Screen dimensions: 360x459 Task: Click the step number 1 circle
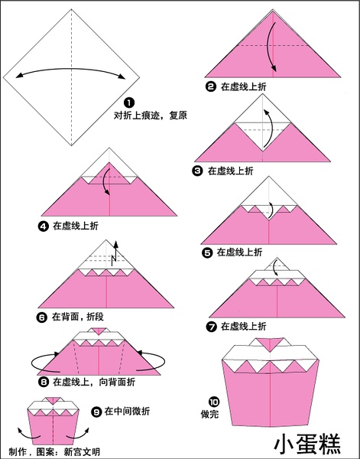pyautogui.click(x=129, y=103)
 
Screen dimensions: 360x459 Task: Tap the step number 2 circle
pyautogui.click(x=210, y=86)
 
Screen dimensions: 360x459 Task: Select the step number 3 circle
pyautogui.click(x=197, y=171)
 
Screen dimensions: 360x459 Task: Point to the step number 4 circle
pyautogui.click(x=44, y=226)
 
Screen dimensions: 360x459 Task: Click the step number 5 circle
pyautogui.click(x=207, y=252)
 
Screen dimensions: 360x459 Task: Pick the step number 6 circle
pyautogui.click(x=42, y=317)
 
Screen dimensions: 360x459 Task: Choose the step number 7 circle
pyautogui.click(x=211, y=327)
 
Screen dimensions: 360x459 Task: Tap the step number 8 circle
pyautogui.click(x=44, y=382)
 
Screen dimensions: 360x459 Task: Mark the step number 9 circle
pyautogui.click(x=96, y=412)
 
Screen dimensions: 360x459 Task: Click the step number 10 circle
pyautogui.click(x=214, y=402)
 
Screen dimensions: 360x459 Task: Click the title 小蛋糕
pyautogui.click(x=308, y=444)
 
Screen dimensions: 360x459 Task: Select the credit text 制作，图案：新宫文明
pyautogui.click(x=54, y=451)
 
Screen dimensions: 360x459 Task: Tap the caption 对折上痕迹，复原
pyautogui.click(x=151, y=116)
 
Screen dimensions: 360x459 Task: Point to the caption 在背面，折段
pyautogui.click(x=77, y=317)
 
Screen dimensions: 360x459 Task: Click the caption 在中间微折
pyautogui.click(x=127, y=412)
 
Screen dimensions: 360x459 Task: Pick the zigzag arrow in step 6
pyautogui.click(x=115, y=253)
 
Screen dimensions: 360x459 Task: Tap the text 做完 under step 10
pyautogui.click(x=209, y=414)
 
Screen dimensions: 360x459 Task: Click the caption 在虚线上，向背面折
pyautogui.click(x=94, y=382)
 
